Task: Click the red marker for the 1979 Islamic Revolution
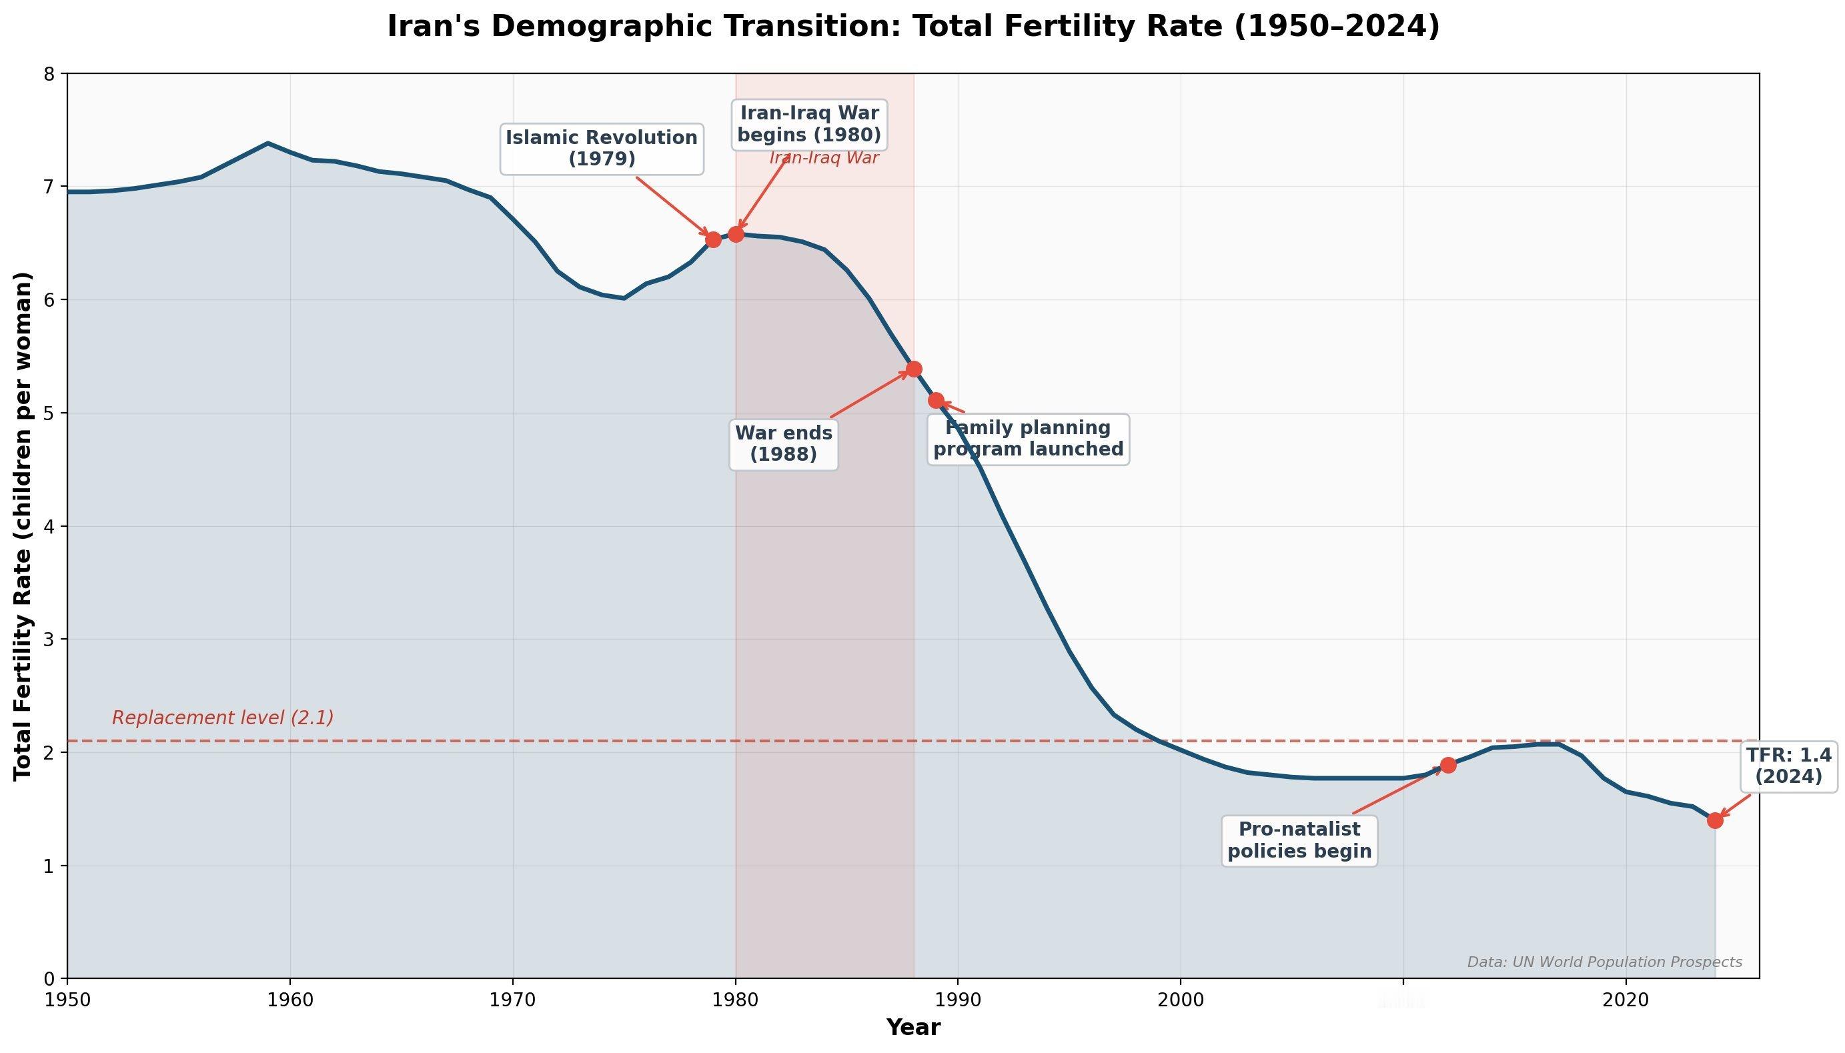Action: click(x=712, y=239)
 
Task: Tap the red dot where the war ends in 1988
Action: click(x=913, y=369)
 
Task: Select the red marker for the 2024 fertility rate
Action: click(x=1715, y=820)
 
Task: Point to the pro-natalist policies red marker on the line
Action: click(x=1447, y=765)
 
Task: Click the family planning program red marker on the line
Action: click(x=936, y=400)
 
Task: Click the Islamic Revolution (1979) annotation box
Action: click(x=601, y=148)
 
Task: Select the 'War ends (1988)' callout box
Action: click(x=783, y=443)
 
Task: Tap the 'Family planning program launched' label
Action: click(x=1028, y=439)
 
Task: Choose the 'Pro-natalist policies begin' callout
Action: click(x=1299, y=840)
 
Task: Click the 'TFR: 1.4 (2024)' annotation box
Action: click(x=1788, y=766)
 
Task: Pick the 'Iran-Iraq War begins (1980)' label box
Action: click(x=808, y=125)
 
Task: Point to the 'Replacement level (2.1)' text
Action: click(x=223, y=718)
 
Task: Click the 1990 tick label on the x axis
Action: click(x=958, y=1001)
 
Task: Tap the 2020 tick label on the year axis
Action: click(x=1626, y=1001)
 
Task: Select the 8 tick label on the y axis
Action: click(x=49, y=74)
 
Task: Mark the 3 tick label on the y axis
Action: click(x=49, y=640)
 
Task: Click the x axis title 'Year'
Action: click(x=912, y=1028)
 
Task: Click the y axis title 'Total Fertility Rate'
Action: click(x=23, y=525)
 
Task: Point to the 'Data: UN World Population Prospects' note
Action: click(x=1604, y=962)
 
